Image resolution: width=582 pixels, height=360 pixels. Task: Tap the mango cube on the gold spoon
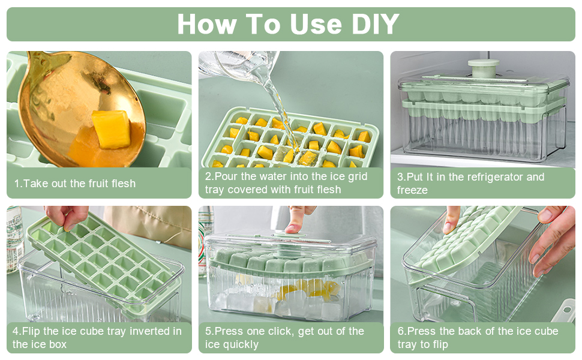point(110,129)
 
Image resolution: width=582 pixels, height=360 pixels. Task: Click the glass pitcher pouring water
point(238,64)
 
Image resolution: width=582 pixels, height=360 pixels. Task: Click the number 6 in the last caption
point(400,331)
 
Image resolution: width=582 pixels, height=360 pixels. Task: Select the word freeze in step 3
point(412,190)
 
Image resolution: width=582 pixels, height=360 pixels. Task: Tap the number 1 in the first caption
point(17,184)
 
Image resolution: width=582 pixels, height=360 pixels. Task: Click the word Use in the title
point(316,24)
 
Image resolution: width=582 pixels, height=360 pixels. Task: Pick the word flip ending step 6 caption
point(439,344)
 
